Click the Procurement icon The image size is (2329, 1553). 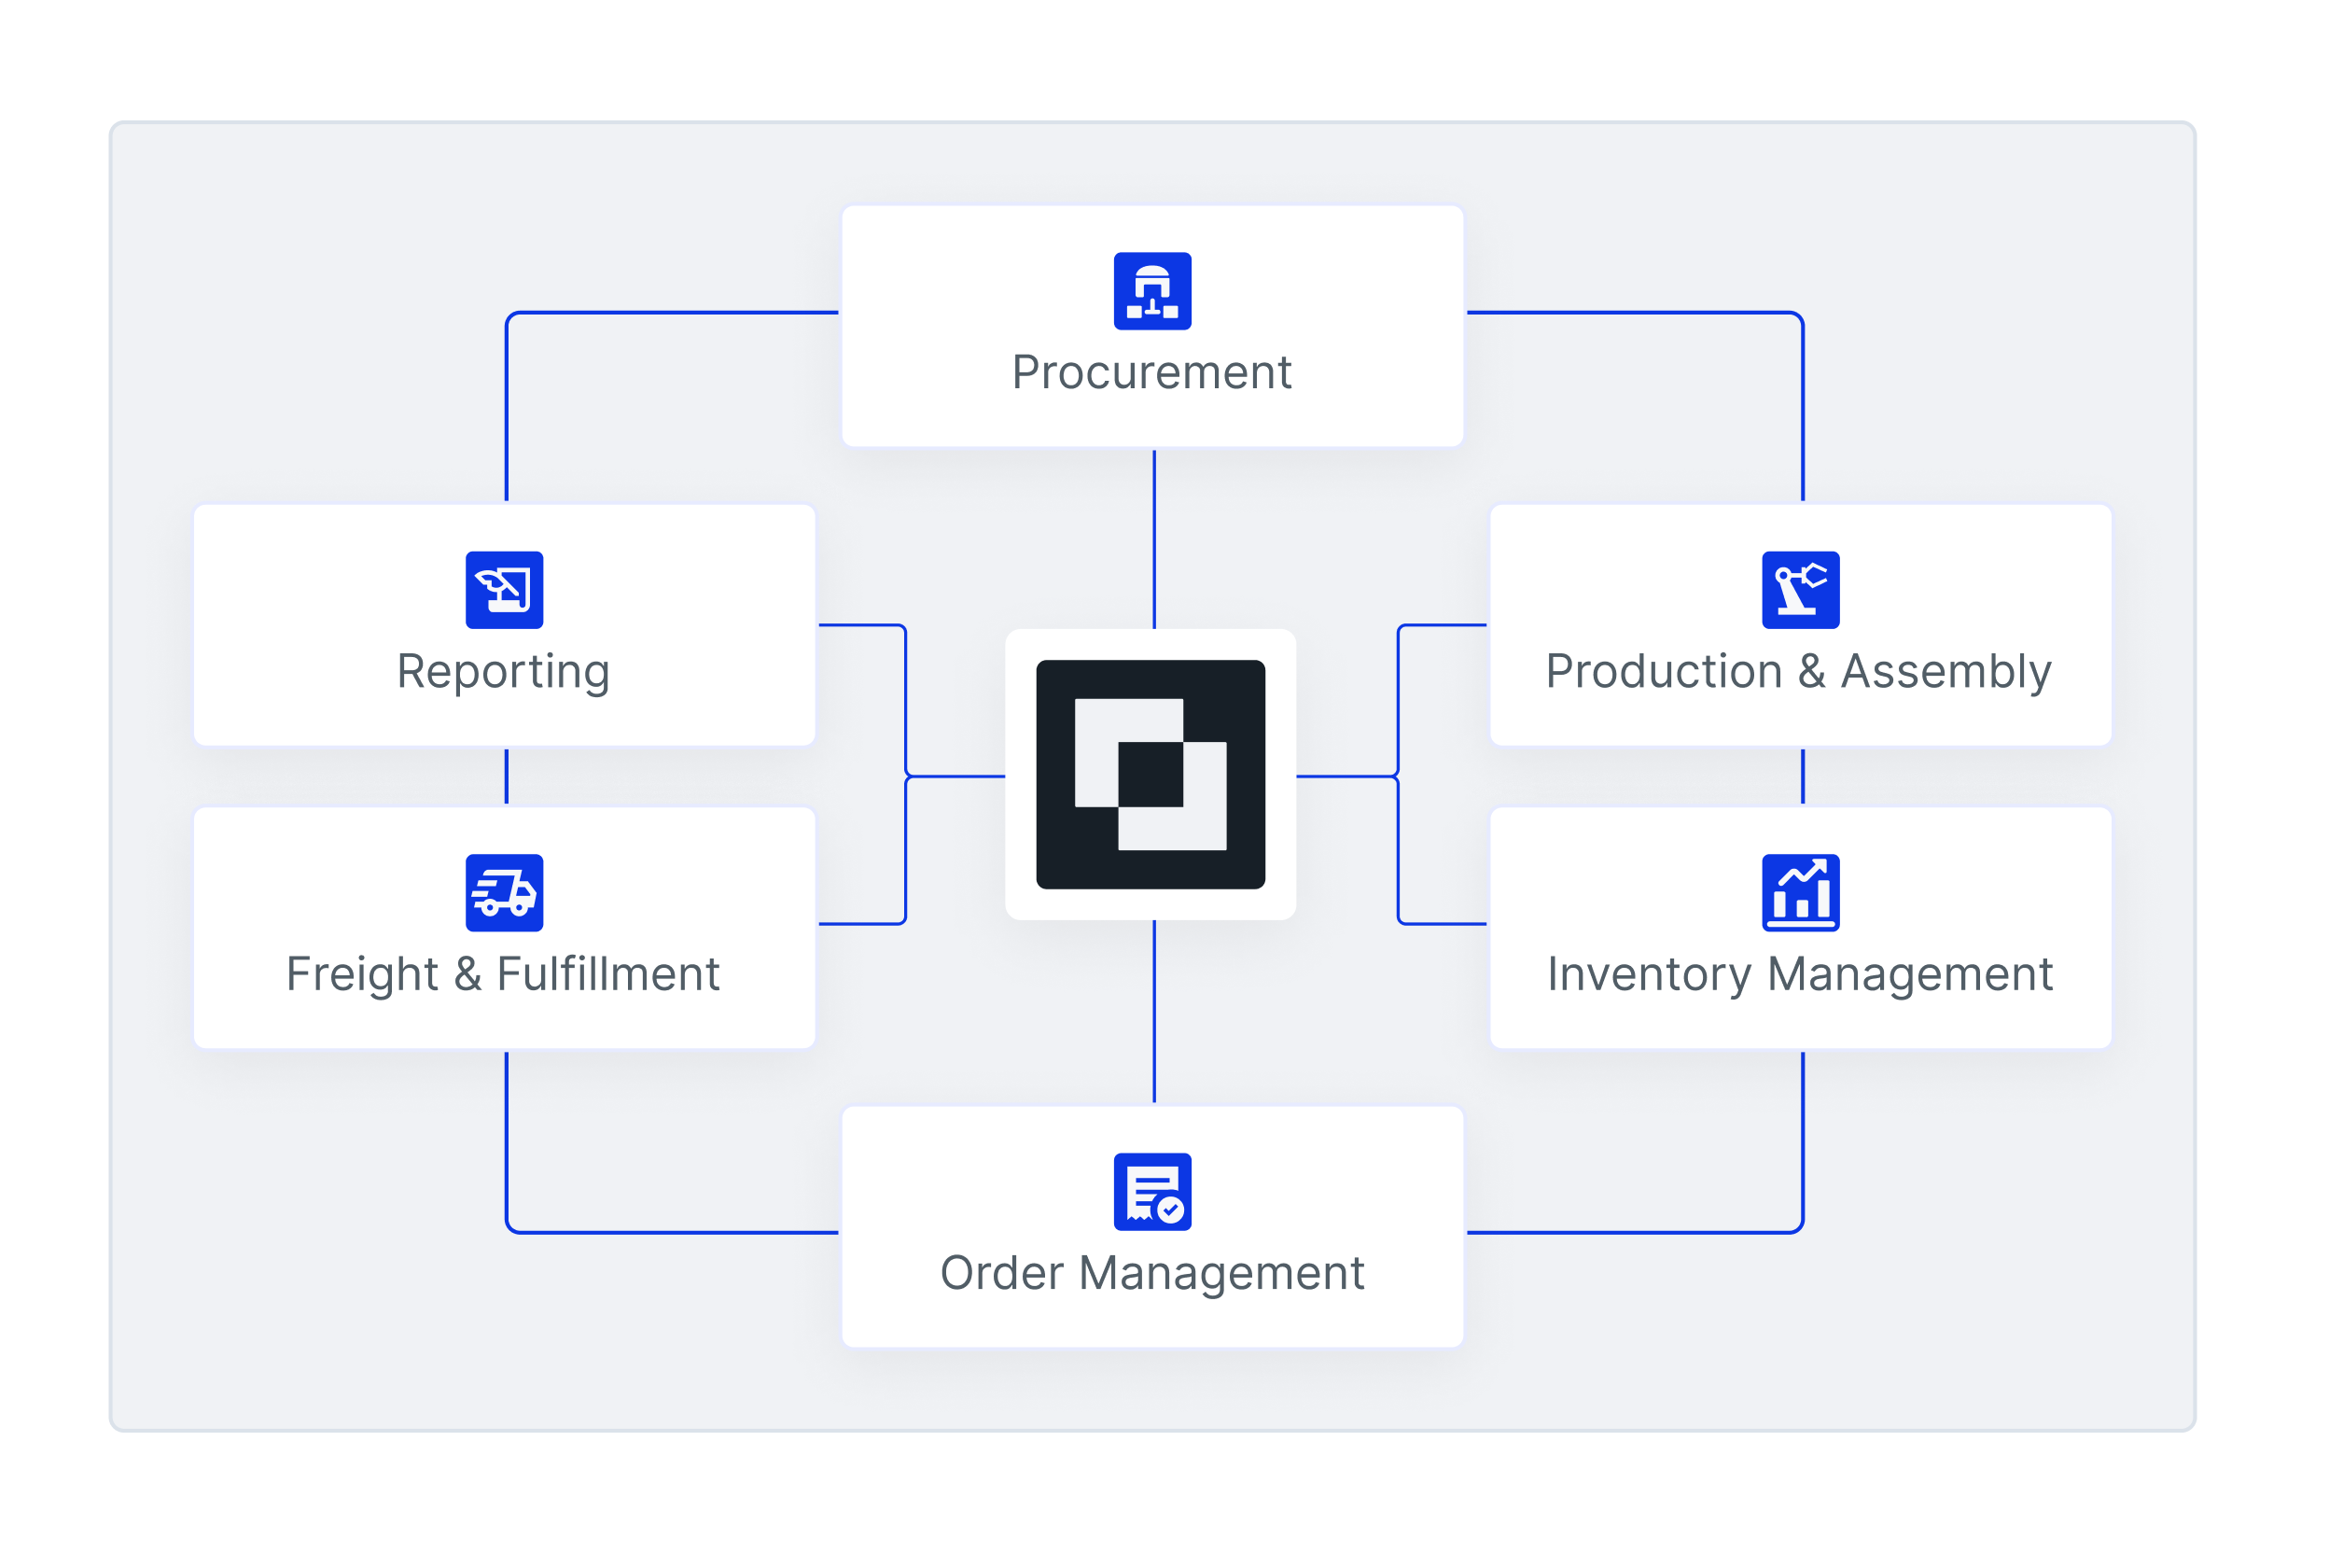coord(1152,291)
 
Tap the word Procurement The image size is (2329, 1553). coord(1151,373)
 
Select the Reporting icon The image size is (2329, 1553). coord(504,590)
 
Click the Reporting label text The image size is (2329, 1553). coord(503,673)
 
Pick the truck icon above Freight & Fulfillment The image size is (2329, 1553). coord(504,892)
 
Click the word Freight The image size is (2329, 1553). coord(361,974)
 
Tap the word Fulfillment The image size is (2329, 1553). coord(608,974)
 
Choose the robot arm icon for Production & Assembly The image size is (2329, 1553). coord(1800,590)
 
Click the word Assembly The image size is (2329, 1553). coord(1945,673)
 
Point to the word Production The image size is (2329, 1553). coord(1664,673)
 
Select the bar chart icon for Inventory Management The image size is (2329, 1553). coord(1800,892)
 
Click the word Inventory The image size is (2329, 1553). coord(1649,974)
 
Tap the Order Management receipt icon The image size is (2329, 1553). coord(1152,1192)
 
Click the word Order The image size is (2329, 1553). coord(1001,1274)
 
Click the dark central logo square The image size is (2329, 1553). coord(1151,775)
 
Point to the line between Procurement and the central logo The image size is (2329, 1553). coord(1154,539)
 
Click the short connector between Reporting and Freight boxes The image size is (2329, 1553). coord(507,776)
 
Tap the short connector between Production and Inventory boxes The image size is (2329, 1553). coord(1803,776)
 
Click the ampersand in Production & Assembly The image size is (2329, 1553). coord(1811,673)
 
